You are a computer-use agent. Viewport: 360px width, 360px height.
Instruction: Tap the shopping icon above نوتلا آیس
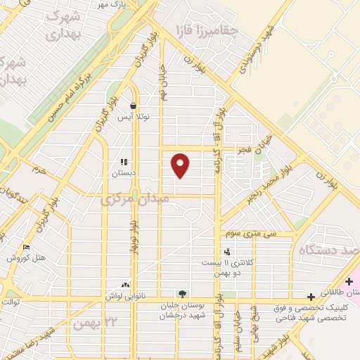[133, 105]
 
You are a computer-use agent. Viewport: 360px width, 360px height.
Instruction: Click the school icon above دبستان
[124, 162]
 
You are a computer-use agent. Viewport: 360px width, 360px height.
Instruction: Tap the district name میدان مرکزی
[134, 200]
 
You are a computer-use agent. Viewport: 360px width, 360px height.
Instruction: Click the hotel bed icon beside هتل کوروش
[27, 247]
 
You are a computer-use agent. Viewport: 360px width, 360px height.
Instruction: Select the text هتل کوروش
[27, 258]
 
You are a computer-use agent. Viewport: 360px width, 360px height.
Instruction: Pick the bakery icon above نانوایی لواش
[125, 285]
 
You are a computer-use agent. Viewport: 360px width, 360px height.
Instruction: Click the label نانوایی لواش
[125, 296]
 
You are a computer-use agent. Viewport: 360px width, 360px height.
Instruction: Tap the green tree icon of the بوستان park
[182, 294]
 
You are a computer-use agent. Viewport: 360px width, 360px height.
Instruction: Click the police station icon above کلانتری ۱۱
[226, 251]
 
